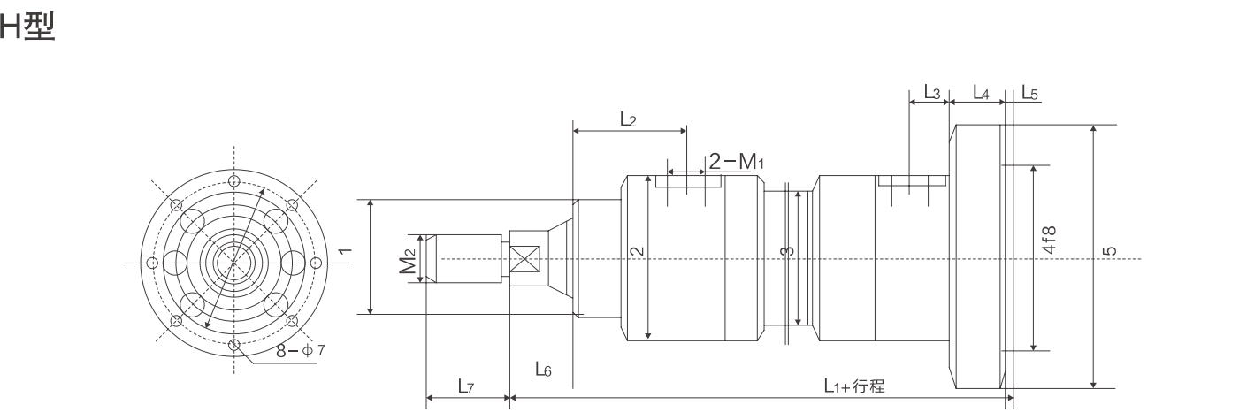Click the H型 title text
point(28,27)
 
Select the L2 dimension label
point(627,119)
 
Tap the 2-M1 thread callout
point(735,161)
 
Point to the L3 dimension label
point(932,91)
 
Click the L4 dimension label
point(981,91)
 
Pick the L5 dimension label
point(1030,91)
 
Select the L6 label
point(544,370)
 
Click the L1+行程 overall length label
point(854,386)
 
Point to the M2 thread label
point(406,262)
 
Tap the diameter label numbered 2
point(636,250)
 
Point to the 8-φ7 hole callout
point(300,351)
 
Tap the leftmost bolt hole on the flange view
point(152,263)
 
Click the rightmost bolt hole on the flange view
point(315,263)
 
